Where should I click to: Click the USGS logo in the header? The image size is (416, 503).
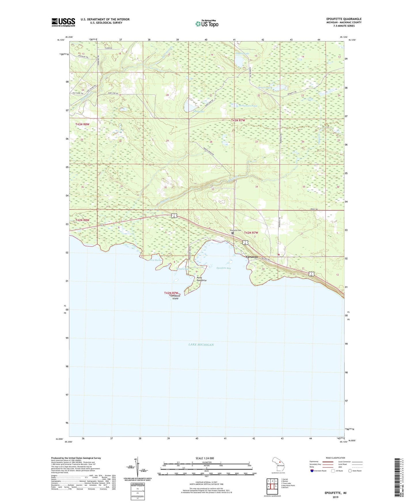[x=63, y=22]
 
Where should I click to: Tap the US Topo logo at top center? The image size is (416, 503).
[x=207, y=23]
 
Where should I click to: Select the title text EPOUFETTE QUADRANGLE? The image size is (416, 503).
[x=342, y=19]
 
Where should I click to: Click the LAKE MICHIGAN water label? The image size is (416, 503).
[x=201, y=345]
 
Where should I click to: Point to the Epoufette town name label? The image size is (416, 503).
[x=252, y=257]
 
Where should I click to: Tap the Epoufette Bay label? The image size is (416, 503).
[x=224, y=268]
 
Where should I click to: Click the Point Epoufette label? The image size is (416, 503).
[x=202, y=279]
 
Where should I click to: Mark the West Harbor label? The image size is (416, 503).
[x=156, y=260]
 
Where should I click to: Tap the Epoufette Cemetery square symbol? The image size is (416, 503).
[x=233, y=233]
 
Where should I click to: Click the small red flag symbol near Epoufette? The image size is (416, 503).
[x=279, y=255]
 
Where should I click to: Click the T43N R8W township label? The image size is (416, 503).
[x=82, y=124]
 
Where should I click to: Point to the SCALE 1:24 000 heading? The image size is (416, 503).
[x=205, y=458]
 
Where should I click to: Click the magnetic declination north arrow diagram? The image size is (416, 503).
[x=138, y=468]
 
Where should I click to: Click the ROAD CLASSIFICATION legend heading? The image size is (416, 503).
[x=335, y=458]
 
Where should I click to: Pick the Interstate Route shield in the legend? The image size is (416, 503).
[x=312, y=471]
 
